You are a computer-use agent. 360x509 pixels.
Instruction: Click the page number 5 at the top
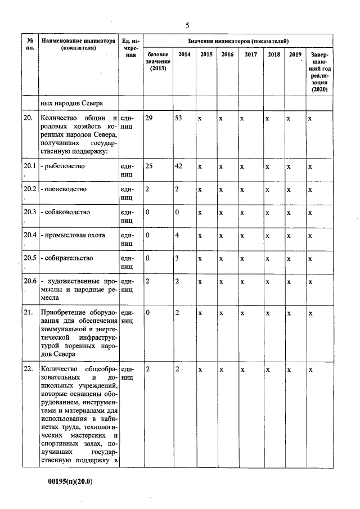click(187, 25)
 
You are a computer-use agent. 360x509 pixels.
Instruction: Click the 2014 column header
click(183, 55)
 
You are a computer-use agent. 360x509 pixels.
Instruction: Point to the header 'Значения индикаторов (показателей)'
click(238, 41)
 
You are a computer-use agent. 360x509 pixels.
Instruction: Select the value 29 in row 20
click(149, 119)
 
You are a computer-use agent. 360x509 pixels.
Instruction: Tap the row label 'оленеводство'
click(64, 189)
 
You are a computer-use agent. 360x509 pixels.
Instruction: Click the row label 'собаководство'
click(65, 212)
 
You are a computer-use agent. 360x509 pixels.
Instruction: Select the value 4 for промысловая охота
click(177, 235)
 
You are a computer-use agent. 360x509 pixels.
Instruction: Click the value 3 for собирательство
click(177, 258)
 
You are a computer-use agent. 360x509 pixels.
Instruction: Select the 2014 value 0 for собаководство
click(177, 212)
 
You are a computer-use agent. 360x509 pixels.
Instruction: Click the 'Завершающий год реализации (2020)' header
click(318, 71)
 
